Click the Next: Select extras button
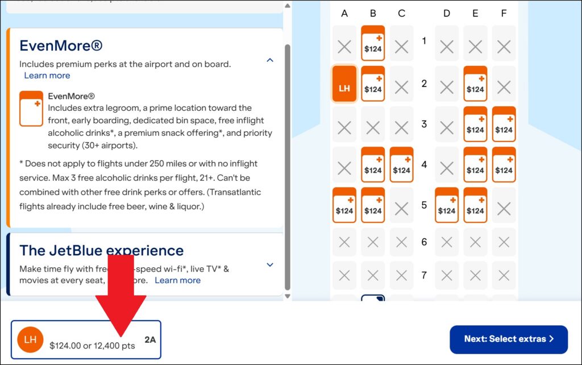(x=508, y=339)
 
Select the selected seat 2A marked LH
(x=344, y=84)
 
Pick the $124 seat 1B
(x=373, y=44)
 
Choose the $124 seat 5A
(x=344, y=205)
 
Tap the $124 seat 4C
(x=401, y=165)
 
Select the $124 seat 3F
(x=504, y=125)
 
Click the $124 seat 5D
(x=447, y=205)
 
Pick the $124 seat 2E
(x=475, y=84)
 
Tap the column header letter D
(x=447, y=14)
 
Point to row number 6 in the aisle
(x=424, y=242)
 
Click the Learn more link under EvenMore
(x=47, y=76)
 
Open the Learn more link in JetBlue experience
(x=177, y=280)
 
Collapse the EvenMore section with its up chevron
(x=270, y=60)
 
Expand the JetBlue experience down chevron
(x=270, y=264)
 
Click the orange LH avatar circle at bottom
(x=30, y=339)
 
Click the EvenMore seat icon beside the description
(x=31, y=109)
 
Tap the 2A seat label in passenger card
(x=150, y=339)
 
